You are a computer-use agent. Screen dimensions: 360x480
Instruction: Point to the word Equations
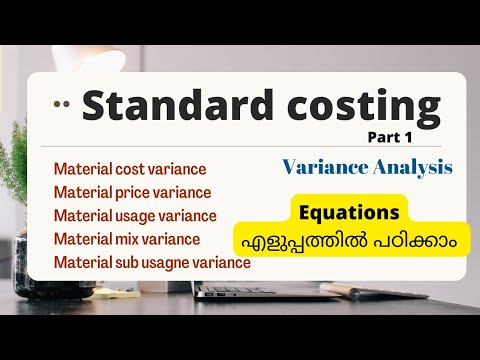click(347, 212)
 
